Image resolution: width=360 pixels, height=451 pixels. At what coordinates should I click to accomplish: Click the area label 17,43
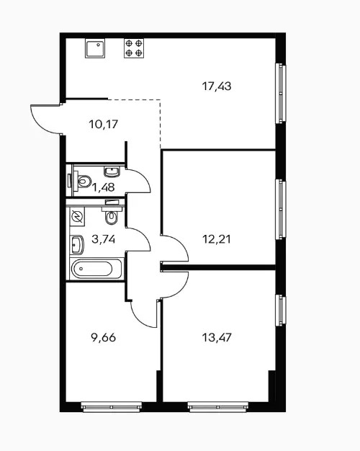(217, 86)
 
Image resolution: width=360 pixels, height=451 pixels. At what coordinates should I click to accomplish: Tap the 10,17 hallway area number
(104, 124)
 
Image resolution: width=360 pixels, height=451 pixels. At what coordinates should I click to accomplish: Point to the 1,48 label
(104, 187)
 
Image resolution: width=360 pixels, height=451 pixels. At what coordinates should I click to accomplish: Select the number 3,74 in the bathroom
(104, 238)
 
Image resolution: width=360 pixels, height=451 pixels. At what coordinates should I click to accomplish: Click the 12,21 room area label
(217, 239)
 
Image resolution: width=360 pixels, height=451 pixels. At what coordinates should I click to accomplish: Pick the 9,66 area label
(103, 337)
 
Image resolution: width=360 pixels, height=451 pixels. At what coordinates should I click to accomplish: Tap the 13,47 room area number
(217, 337)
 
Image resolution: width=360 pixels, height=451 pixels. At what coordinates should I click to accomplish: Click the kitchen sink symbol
(95, 48)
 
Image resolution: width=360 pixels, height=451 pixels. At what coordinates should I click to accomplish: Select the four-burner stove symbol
(134, 48)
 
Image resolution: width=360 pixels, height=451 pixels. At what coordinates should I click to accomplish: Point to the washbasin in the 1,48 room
(112, 171)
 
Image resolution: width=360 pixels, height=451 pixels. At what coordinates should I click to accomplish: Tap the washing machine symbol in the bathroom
(77, 216)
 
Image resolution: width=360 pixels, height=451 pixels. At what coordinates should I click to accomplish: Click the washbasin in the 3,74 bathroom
(77, 245)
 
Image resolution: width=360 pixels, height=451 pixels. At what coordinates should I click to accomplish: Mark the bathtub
(96, 269)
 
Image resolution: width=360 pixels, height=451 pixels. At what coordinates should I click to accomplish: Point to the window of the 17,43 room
(281, 94)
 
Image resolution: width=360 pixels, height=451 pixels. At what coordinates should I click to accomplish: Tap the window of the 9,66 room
(112, 407)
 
